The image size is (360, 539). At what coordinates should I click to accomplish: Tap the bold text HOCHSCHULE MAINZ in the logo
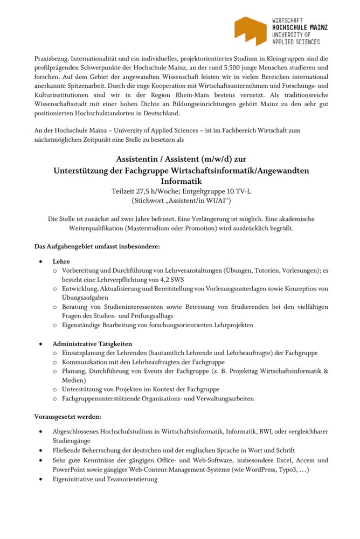(300, 27)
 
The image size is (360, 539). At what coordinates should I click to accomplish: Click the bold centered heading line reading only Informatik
(180, 181)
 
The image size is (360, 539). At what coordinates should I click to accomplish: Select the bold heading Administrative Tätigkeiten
(92, 343)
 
